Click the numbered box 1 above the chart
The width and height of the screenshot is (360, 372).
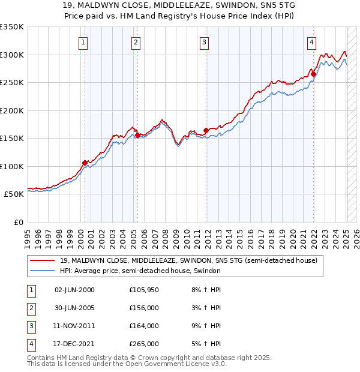tap(82, 42)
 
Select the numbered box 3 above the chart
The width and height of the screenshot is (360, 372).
tap(205, 42)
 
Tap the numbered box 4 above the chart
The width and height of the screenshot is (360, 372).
tap(312, 42)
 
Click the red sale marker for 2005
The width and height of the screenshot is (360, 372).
tap(137, 136)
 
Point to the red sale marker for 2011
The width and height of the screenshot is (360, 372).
tap(206, 130)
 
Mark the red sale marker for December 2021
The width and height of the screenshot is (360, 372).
tap(314, 74)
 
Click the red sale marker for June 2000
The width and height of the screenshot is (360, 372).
tap(85, 163)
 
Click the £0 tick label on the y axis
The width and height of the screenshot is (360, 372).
tap(17, 222)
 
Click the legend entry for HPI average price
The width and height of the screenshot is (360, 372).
tap(140, 271)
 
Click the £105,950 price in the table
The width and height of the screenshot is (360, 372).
tap(144, 290)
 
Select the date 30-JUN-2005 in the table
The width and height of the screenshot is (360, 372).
tap(74, 308)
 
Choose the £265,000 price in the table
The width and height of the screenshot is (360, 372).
tap(144, 344)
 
